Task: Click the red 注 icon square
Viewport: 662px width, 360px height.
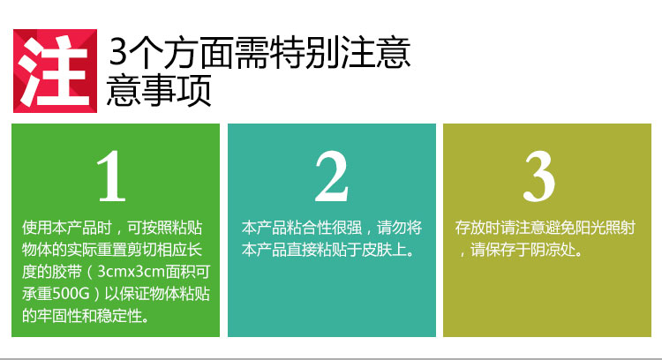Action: tap(56, 71)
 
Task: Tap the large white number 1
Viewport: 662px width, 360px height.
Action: tap(111, 176)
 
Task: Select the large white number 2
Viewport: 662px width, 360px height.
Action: tap(332, 176)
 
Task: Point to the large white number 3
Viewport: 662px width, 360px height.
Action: tap(539, 176)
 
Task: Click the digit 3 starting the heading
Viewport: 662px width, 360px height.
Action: tap(117, 52)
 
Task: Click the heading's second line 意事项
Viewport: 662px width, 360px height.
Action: tap(159, 90)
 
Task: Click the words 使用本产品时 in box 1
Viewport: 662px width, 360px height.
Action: tap(66, 228)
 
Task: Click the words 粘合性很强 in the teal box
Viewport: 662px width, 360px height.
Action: tap(324, 228)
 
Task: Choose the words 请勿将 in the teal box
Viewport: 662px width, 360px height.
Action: tap(399, 228)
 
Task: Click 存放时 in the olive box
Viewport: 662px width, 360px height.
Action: tap(478, 228)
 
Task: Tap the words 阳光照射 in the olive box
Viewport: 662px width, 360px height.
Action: tap(606, 228)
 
